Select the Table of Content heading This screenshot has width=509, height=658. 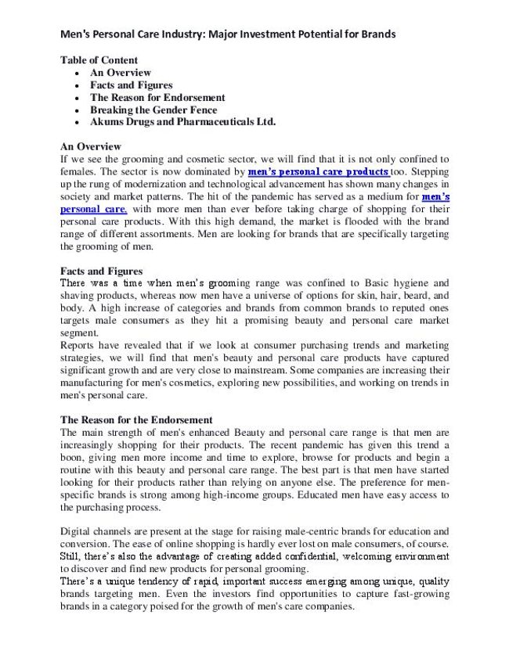[99, 60]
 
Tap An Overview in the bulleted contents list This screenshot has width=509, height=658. [120, 73]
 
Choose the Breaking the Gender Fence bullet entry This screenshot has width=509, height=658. [153, 110]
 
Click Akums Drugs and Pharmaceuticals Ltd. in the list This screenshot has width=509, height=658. [182, 122]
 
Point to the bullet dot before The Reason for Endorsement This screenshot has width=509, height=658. [76, 98]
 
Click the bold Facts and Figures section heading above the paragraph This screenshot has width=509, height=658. [101, 271]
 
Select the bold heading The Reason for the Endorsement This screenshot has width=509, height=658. [136, 420]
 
